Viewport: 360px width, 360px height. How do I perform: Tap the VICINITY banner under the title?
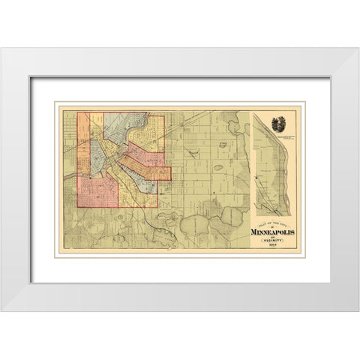point(273,241)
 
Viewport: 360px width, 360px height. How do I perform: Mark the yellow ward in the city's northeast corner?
point(156,127)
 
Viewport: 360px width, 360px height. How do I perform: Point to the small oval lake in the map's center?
point(217,168)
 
